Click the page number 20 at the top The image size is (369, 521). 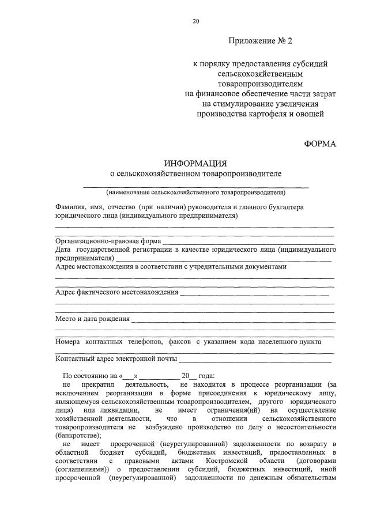[x=195, y=21]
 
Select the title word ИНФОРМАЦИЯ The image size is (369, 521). [x=196, y=164]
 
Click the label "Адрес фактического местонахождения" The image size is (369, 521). [x=116, y=292]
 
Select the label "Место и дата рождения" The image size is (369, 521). [x=92, y=318]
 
